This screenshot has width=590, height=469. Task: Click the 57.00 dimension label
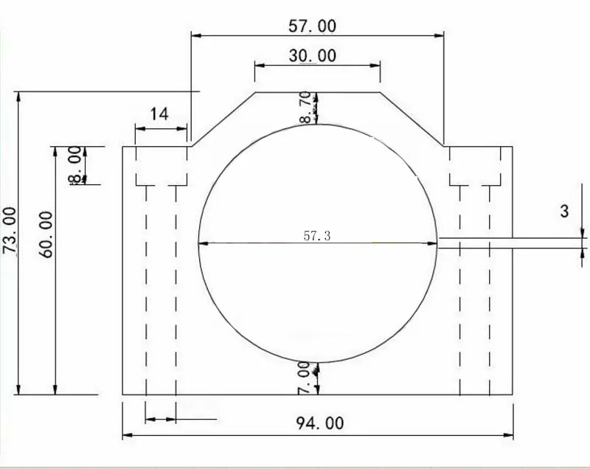pyautogui.click(x=312, y=26)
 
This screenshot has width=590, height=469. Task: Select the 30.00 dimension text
pyautogui.click(x=312, y=55)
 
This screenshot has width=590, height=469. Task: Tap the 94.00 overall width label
pyautogui.click(x=320, y=423)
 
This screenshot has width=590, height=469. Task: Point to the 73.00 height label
pyautogui.click(x=10, y=230)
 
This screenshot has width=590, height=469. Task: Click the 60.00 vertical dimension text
pyautogui.click(x=46, y=234)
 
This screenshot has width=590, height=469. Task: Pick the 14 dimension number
pyautogui.click(x=159, y=114)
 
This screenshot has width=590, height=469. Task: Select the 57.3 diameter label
pyautogui.click(x=317, y=236)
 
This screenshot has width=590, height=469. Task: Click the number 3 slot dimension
pyautogui.click(x=564, y=211)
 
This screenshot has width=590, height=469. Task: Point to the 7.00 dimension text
pyautogui.click(x=304, y=378)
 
